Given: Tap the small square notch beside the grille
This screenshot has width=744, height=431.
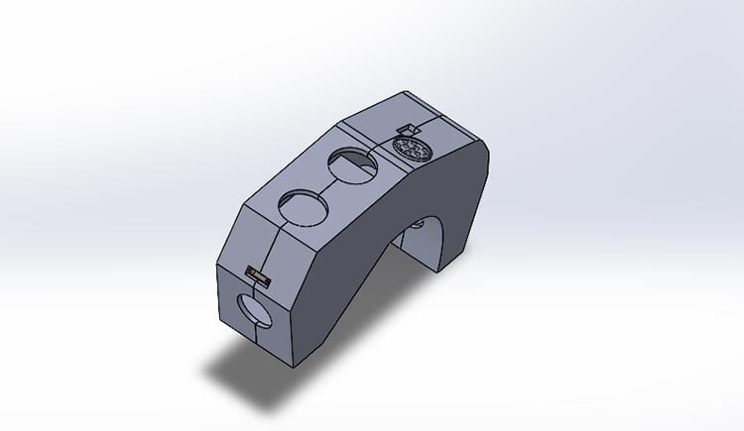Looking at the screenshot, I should pyautogui.click(x=405, y=128).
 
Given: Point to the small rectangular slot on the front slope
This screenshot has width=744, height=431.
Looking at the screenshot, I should pyautogui.click(x=258, y=274).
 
